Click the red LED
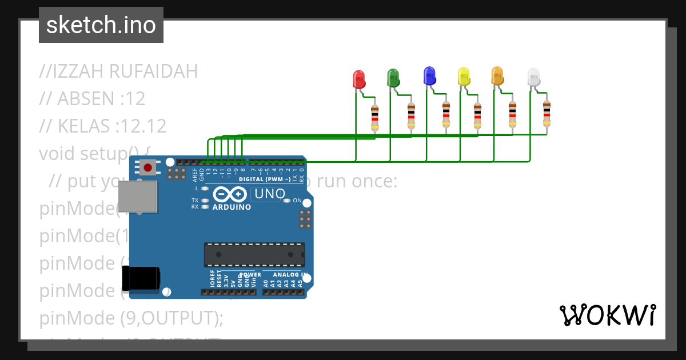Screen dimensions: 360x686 [358, 79]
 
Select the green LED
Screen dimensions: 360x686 [393, 78]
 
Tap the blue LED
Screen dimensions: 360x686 [429, 75]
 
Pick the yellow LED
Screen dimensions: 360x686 [464, 77]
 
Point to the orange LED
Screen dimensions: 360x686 [497, 76]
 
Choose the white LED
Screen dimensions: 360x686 [533, 78]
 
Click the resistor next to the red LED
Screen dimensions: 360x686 [375, 118]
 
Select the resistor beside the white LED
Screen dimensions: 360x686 [547, 114]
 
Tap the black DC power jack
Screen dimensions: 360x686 [141, 279]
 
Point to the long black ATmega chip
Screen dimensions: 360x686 [254, 254]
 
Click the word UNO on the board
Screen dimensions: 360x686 [269, 194]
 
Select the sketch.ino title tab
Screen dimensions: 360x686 [101, 25]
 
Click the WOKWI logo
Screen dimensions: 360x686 [607, 315]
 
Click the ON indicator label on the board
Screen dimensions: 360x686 [297, 201]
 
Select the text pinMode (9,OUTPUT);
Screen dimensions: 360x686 [131, 318]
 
